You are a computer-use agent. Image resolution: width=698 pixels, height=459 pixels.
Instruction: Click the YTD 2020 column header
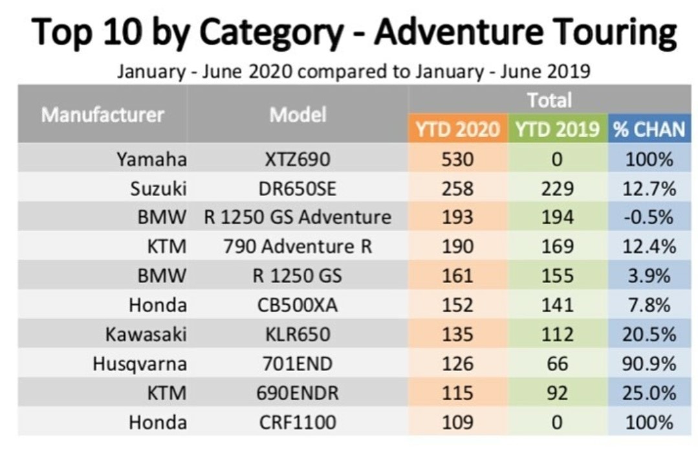point(457,129)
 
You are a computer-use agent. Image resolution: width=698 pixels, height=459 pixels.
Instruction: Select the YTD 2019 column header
point(557,129)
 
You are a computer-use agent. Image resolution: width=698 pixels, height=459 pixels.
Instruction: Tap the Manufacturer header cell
point(103,115)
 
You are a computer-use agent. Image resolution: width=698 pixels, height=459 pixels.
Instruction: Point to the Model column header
point(298,115)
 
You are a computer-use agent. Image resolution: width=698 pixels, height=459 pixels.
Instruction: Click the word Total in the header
point(549,100)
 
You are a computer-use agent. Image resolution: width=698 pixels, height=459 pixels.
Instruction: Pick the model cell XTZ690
point(298,159)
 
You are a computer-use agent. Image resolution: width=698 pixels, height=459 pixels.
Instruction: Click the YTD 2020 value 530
point(458,159)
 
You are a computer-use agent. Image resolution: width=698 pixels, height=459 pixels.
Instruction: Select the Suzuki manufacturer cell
point(158,188)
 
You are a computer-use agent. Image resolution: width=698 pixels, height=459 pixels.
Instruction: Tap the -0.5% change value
point(649,218)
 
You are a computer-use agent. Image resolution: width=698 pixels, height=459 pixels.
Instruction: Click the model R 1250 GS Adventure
point(298,218)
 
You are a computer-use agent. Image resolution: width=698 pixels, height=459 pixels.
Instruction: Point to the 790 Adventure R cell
point(298,247)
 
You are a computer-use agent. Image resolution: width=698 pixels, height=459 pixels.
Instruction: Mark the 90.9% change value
point(649,364)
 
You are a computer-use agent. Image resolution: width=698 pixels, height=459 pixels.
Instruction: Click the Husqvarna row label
point(140,364)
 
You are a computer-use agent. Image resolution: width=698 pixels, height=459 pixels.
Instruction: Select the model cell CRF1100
point(298,423)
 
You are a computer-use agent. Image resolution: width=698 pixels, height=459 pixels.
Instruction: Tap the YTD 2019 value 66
point(558,364)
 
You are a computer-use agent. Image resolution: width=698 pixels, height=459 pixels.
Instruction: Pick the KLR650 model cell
point(298,335)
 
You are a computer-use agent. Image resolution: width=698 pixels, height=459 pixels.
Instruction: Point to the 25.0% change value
point(649,394)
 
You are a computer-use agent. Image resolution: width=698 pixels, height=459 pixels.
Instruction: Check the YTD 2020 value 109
point(458,423)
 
